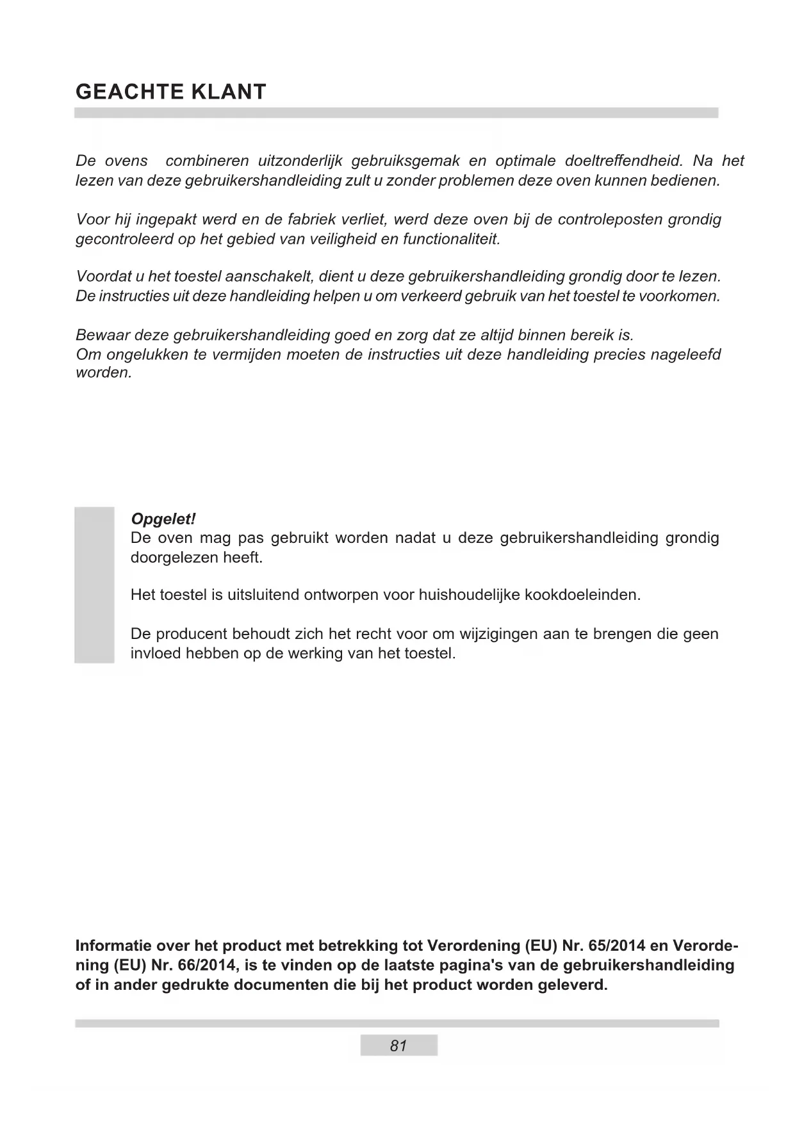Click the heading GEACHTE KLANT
pos(170,92)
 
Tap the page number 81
pos(398,1046)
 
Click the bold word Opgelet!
pos(163,519)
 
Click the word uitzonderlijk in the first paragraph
pos(298,161)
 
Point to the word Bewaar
pos(102,335)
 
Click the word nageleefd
pos(685,354)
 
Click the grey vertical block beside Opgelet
pos(94,585)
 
